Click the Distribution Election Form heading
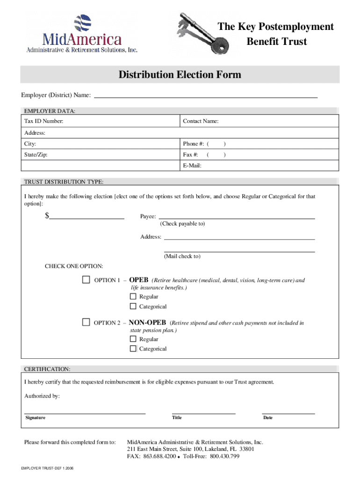click(180, 75)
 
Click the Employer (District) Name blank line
click(206, 96)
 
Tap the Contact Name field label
click(201, 122)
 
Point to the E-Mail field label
click(192, 166)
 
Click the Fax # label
click(190, 155)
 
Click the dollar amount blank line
click(86, 218)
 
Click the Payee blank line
click(237, 218)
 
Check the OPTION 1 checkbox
click(86, 280)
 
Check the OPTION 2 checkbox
click(86, 322)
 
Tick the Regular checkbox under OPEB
click(133, 297)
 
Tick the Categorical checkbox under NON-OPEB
click(133, 348)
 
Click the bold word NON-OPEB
click(148, 322)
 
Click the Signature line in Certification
click(85, 413)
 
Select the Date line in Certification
click(288, 413)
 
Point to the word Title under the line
click(177, 418)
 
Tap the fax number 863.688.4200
click(159, 457)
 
